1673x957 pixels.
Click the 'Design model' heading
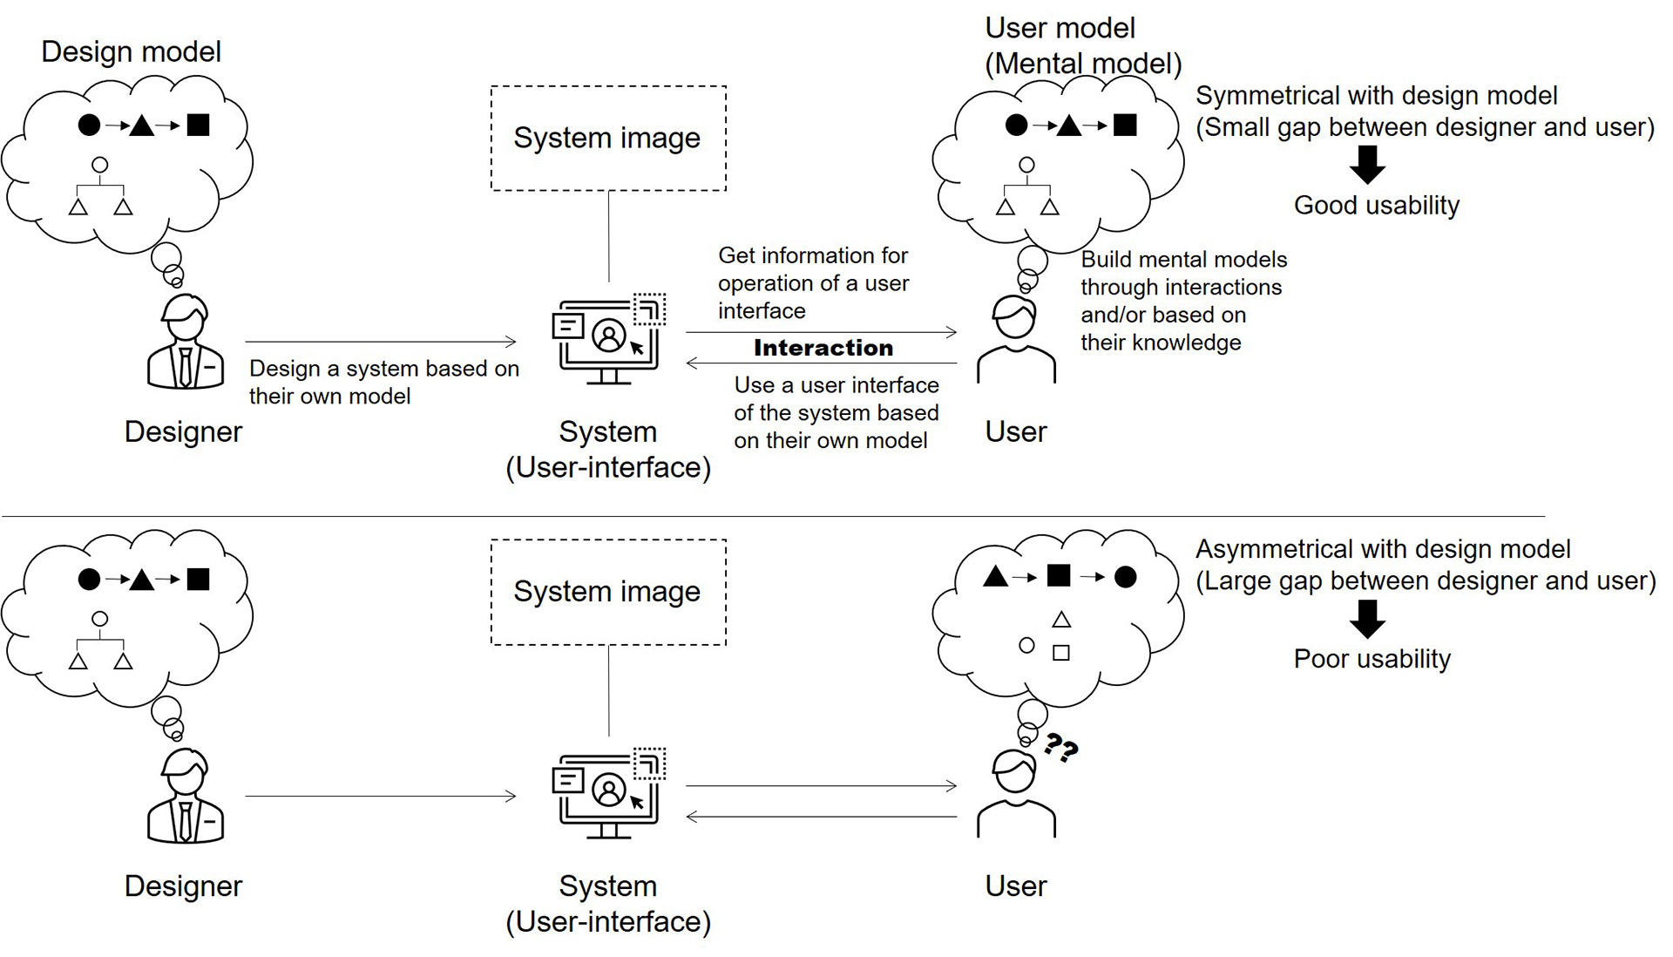[131, 52]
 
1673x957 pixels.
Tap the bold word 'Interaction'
[823, 348]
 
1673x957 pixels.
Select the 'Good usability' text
[1376, 206]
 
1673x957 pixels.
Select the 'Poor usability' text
[1372, 659]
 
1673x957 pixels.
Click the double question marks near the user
[1061, 748]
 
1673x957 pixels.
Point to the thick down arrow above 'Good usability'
[1367, 165]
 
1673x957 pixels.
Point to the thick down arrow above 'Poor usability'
[1367, 619]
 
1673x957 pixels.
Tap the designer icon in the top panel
[186, 342]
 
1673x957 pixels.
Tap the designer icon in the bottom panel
[186, 796]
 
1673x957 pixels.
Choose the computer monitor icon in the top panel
[609, 339]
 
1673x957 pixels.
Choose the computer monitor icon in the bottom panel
[609, 793]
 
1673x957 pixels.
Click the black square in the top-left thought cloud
[199, 125]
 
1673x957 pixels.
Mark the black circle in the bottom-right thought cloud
[1126, 576]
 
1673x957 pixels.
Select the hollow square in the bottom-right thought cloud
[1061, 652]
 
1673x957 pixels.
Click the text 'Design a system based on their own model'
[383, 382]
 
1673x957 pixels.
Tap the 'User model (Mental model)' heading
[1083, 45]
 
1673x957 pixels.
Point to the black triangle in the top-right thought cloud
[1069, 126]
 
